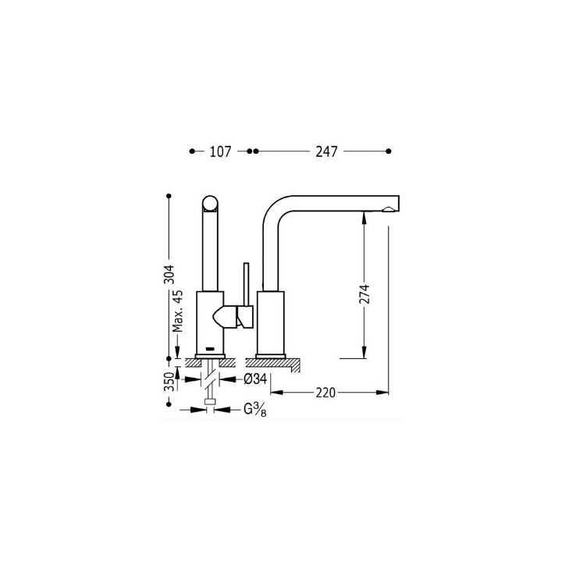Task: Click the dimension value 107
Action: (221, 152)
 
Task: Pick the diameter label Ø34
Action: (256, 379)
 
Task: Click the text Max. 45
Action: (179, 311)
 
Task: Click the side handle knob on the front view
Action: (229, 317)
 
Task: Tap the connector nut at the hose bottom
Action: (208, 404)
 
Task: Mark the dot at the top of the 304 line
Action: (169, 195)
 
